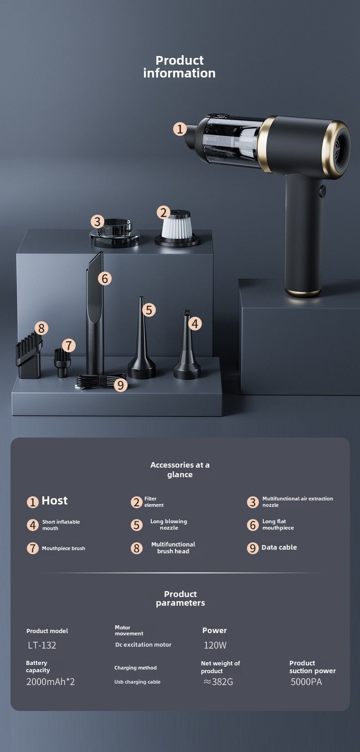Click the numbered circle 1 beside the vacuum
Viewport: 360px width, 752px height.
180,129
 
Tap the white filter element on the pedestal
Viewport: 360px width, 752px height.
177,229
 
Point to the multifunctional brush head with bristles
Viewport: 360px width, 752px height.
29,356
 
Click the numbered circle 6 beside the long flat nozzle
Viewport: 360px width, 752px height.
105,278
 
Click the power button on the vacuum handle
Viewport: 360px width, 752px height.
322,191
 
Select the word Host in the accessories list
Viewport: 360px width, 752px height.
54,500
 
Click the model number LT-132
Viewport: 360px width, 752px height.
42,645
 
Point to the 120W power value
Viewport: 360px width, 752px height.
215,645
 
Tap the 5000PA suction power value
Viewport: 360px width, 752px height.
306,682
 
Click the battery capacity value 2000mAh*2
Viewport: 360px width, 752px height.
51,682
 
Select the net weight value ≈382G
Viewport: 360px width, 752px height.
218,682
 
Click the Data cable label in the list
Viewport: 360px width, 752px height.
279,547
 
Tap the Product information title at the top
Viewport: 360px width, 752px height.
180,67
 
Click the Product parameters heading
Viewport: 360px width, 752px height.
180,598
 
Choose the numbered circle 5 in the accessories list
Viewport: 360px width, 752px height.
137,525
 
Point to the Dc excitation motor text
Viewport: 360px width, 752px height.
144,644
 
